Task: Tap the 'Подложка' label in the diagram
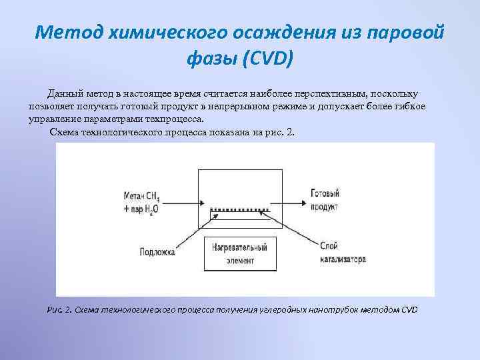click(158, 252)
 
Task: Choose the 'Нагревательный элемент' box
click(231, 252)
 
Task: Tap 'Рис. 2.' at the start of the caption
click(60, 310)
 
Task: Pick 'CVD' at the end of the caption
click(409, 310)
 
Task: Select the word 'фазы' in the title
click(213, 59)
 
